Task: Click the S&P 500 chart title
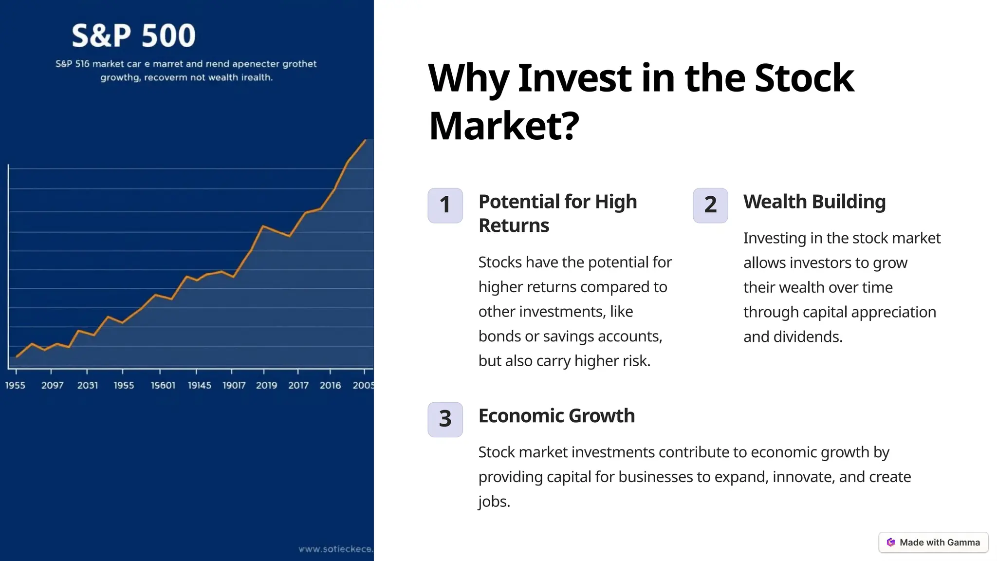[x=133, y=36]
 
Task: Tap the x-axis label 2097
[x=52, y=385]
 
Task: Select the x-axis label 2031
[x=88, y=385]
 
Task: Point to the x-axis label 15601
[x=163, y=385]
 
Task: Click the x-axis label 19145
[x=200, y=385]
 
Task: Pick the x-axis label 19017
[x=234, y=385]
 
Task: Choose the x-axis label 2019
[x=266, y=385]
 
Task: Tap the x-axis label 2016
[x=330, y=385]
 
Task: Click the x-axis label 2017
[x=298, y=385]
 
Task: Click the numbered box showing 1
[x=445, y=206]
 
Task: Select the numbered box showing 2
[x=710, y=206]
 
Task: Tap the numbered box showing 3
[x=445, y=419]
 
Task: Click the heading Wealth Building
[x=814, y=202]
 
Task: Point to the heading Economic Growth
[x=556, y=416]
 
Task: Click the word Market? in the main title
[x=504, y=126]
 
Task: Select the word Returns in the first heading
[x=514, y=225]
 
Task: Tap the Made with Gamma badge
[x=933, y=542]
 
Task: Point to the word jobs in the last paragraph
[x=493, y=502]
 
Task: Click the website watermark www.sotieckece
[x=335, y=549]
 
